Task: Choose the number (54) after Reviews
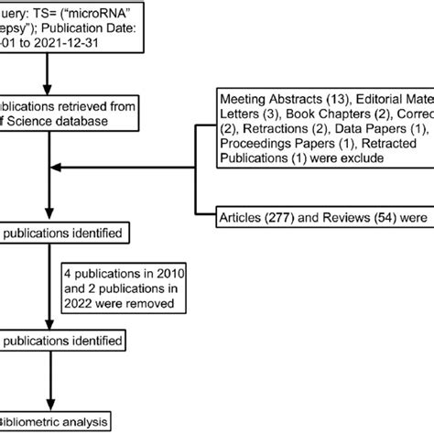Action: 378,218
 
